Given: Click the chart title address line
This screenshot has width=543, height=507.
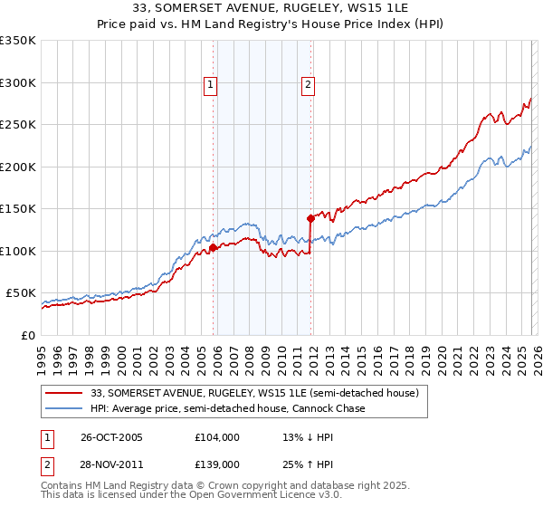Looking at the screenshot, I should click(271, 10).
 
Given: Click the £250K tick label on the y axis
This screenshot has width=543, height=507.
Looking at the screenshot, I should click(18, 125).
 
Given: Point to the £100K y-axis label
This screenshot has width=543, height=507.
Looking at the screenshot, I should click(18, 251).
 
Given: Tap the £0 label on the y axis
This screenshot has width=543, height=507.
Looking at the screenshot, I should click(27, 335).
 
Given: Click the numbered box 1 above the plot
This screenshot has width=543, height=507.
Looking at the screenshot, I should click(211, 85).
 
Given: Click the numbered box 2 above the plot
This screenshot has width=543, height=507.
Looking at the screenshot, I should click(308, 85).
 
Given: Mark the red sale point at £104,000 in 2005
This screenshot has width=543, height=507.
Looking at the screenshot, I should click(214, 247).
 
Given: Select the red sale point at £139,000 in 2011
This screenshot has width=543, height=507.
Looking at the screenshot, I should click(310, 218).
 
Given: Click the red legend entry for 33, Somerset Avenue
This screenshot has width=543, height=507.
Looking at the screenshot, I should click(254, 394).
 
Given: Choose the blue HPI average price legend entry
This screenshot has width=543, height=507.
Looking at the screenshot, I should click(227, 409).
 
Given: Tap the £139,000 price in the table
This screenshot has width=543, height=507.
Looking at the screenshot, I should click(217, 463).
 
